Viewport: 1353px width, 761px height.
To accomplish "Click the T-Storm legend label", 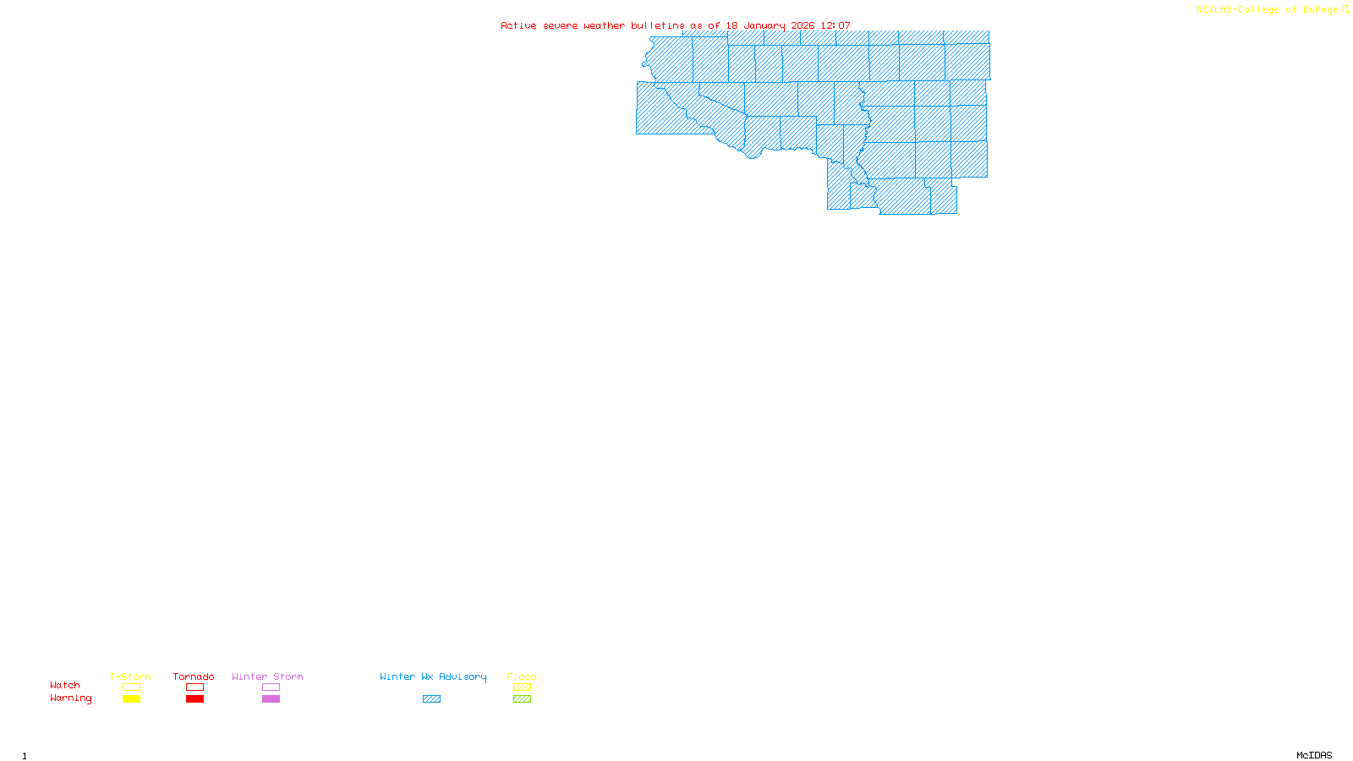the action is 130,676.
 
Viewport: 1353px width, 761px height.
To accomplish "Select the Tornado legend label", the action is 194,676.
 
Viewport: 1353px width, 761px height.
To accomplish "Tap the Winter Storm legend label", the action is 267,676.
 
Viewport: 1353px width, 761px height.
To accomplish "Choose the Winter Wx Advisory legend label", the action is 433,676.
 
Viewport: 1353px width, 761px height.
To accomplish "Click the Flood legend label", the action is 522,676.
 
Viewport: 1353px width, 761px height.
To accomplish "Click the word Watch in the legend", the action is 65,685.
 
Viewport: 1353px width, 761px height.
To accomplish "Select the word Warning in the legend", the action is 71,698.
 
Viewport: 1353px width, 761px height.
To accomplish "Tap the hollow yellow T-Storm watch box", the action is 131,687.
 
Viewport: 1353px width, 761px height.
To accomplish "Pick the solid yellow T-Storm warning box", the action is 131,699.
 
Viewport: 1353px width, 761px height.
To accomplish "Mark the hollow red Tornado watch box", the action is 194,687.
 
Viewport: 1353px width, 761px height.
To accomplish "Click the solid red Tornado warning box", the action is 194,699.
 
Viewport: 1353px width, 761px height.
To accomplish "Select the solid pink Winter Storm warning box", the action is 271,699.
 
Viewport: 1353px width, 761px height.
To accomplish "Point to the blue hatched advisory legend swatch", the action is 431,699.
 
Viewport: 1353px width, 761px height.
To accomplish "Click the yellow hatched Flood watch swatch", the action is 522,687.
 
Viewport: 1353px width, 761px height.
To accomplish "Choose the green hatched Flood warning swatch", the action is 522,699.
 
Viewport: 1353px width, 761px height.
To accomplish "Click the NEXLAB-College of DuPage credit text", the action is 1268,10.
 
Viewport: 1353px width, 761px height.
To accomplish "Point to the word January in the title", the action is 764,25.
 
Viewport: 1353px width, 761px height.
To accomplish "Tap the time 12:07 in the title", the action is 835,25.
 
